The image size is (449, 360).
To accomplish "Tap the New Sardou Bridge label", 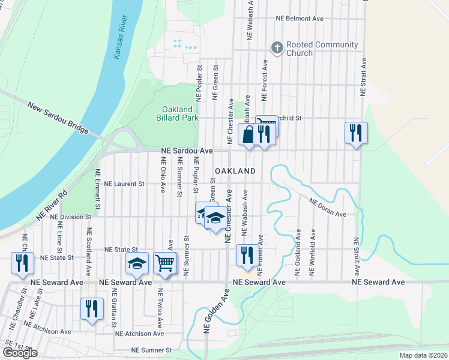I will point(58,118).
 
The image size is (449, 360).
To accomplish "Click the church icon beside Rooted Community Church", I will point(277,47).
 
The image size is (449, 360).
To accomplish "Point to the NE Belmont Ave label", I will point(300,19).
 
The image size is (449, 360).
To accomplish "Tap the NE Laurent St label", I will point(125,184).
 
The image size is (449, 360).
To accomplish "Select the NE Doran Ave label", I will point(328,208).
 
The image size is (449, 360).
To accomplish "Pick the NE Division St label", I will point(71,216).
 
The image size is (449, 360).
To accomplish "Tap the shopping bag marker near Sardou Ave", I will point(248,134).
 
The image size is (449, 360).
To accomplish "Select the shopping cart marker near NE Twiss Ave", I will point(165,263).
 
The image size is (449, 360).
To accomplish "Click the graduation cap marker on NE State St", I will point(136,263).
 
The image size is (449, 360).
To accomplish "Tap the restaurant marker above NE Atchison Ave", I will point(92,308).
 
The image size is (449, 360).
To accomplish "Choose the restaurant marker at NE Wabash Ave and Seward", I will point(247,256).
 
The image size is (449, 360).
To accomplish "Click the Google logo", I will point(20,353).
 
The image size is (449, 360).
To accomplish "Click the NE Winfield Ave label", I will point(312,253).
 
